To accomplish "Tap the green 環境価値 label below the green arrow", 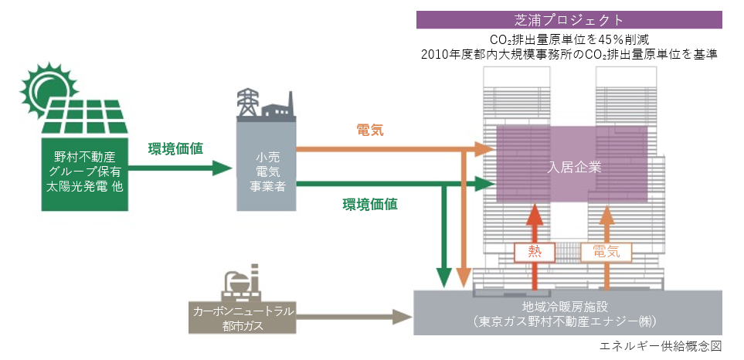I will [370, 205].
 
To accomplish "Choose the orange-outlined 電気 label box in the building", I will [606, 251].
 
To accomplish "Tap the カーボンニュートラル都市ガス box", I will [241, 318].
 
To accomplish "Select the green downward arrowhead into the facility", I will [443, 277].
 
